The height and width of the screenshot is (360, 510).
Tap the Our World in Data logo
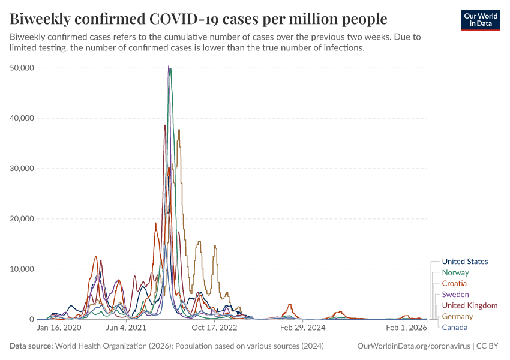tap(481, 20)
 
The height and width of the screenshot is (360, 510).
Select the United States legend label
tap(464, 262)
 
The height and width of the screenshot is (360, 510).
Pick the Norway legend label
tap(455, 272)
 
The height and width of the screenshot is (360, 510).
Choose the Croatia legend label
tap(454, 283)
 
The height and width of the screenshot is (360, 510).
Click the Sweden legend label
tap(455, 295)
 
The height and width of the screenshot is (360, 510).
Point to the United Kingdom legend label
tap(469, 305)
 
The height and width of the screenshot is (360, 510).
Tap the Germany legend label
tap(457, 316)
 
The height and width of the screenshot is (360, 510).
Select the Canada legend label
tap(454, 327)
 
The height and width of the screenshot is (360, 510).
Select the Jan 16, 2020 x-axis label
tap(59, 328)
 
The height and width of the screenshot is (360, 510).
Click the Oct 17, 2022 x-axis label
tap(214, 328)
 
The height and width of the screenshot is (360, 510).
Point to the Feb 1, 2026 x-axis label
tap(406, 328)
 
